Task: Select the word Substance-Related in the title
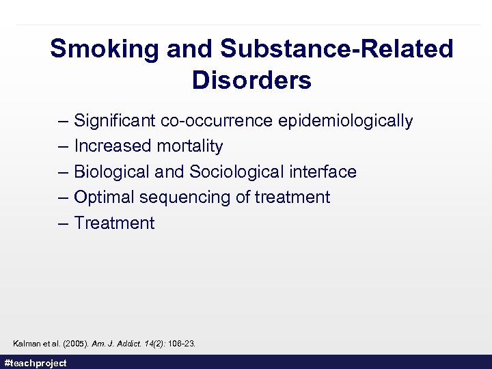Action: coord(337,49)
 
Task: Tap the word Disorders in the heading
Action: coord(251,81)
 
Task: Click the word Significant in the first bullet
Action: coord(115,121)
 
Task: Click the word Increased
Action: coord(112,146)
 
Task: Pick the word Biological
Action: coord(111,172)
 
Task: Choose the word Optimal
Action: coord(104,197)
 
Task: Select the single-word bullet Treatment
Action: coord(114,223)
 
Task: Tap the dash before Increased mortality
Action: coord(64,146)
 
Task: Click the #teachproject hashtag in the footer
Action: coord(36,363)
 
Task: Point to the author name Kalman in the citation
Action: coord(27,343)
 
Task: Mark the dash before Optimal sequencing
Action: coord(64,197)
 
